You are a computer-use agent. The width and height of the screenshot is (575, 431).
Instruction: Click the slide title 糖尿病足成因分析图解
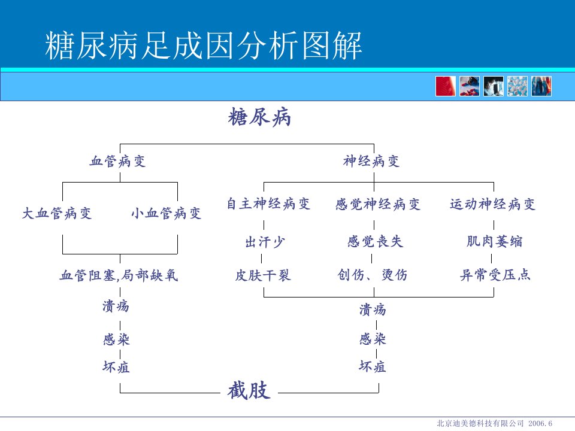click(x=204, y=45)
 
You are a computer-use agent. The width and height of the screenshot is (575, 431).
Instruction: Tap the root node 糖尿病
click(x=259, y=117)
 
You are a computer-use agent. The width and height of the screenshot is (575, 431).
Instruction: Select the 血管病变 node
click(x=118, y=161)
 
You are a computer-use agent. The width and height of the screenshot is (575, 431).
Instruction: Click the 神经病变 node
click(x=371, y=161)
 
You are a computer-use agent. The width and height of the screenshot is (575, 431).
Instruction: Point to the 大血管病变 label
click(x=57, y=213)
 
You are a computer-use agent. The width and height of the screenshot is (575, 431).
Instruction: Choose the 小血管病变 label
click(x=166, y=213)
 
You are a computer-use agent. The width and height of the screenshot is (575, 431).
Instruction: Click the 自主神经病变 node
click(x=268, y=204)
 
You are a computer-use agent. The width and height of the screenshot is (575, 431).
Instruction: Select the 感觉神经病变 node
click(x=378, y=204)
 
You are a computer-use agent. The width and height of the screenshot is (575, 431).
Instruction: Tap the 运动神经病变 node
click(x=492, y=204)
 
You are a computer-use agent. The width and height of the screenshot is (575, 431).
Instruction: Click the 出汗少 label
click(x=265, y=242)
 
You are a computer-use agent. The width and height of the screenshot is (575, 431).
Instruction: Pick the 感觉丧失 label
click(x=375, y=241)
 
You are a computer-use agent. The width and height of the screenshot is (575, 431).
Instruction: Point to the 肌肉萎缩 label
click(x=494, y=241)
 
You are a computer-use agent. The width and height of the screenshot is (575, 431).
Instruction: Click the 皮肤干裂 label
click(x=263, y=275)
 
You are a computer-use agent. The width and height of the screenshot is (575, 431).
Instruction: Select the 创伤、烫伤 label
click(x=372, y=275)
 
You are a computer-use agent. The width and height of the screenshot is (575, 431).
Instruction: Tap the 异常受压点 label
click(x=495, y=275)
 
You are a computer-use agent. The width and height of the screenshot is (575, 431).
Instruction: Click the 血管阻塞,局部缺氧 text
click(x=119, y=275)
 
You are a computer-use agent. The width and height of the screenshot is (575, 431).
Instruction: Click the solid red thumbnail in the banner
click(x=446, y=86)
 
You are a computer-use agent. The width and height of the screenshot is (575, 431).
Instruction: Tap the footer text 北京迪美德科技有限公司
click(x=480, y=423)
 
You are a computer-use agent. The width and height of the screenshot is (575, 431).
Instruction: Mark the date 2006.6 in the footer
click(x=540, y=423)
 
